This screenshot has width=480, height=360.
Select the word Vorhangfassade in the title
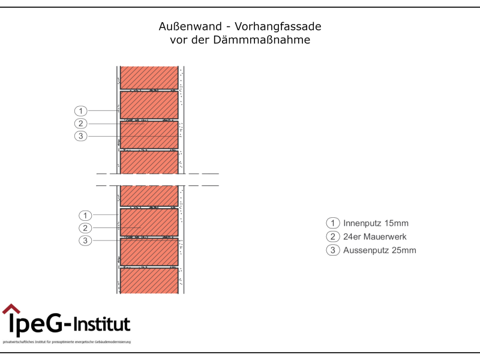278,27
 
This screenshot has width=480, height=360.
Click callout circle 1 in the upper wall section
80,111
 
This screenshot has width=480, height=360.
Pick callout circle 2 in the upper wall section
80,124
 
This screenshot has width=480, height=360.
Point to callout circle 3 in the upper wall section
80,136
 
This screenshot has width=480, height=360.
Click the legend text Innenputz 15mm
376,223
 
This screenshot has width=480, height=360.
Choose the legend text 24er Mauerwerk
374,237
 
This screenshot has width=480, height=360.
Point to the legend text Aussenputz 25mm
379,250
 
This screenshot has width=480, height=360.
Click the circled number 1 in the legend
332,223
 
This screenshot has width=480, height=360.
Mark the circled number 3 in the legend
332,250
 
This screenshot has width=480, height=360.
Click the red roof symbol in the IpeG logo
11,309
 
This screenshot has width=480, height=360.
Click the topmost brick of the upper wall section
149,77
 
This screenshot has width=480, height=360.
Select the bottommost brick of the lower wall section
149,280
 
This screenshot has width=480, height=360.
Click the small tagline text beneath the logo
67,342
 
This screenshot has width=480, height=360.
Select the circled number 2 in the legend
332,237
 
